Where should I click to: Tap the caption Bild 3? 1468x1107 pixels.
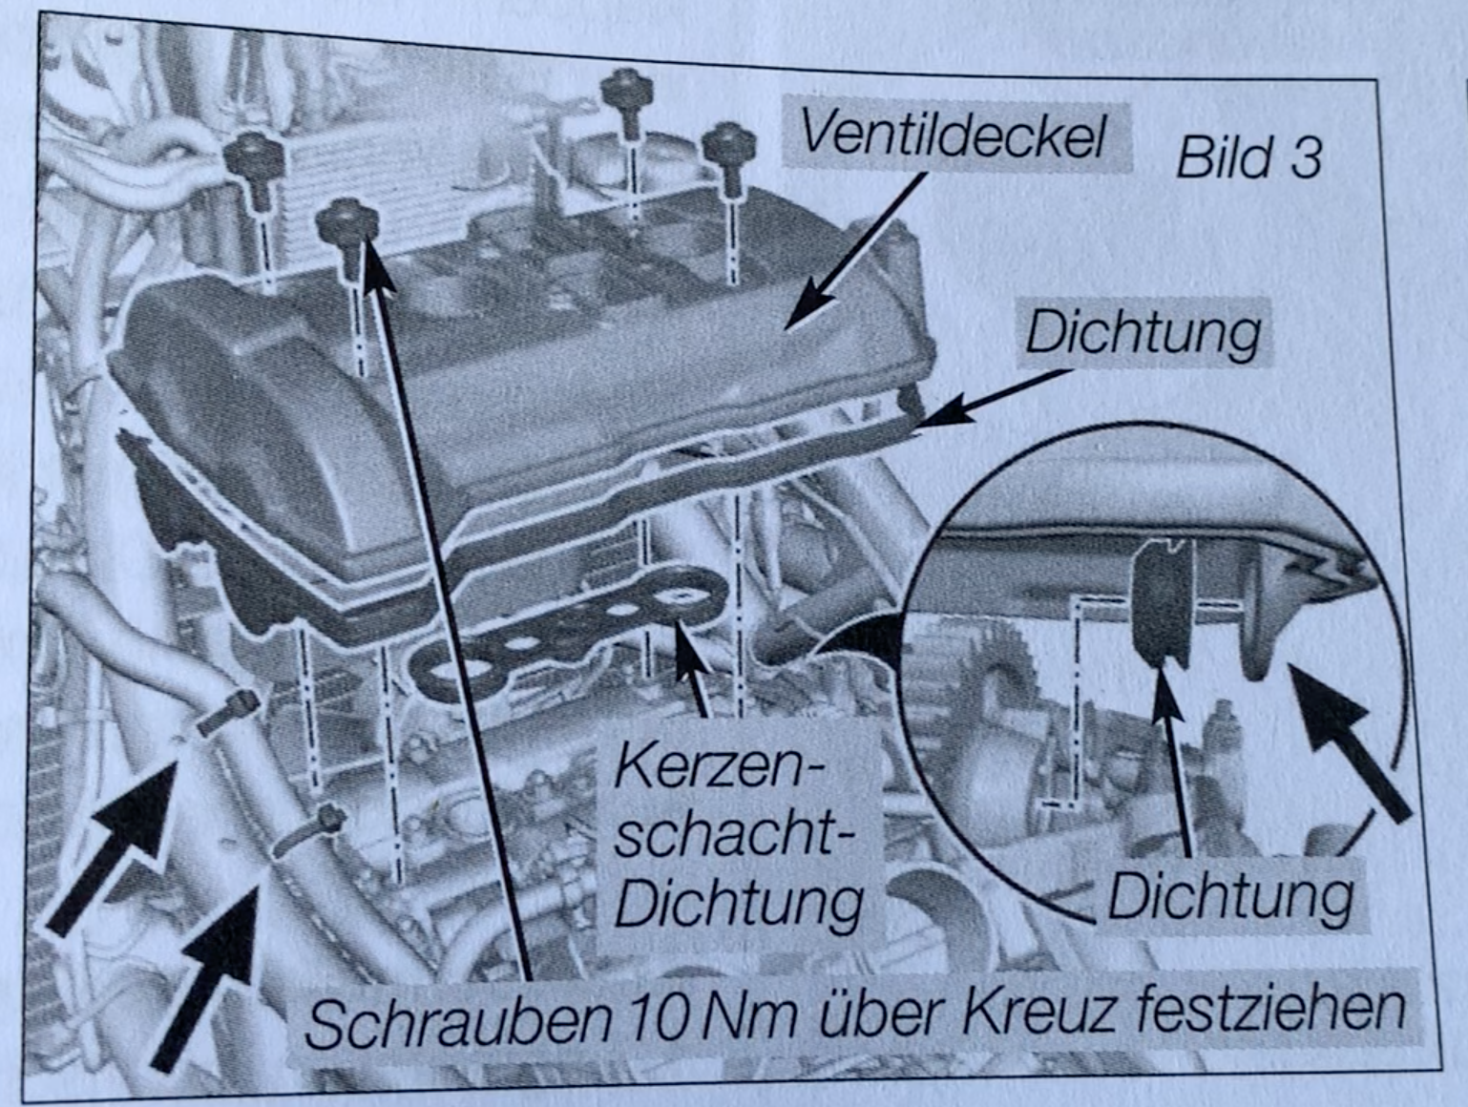pos(1248,158)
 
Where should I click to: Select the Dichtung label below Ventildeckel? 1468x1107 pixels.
pos(1143,332)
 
